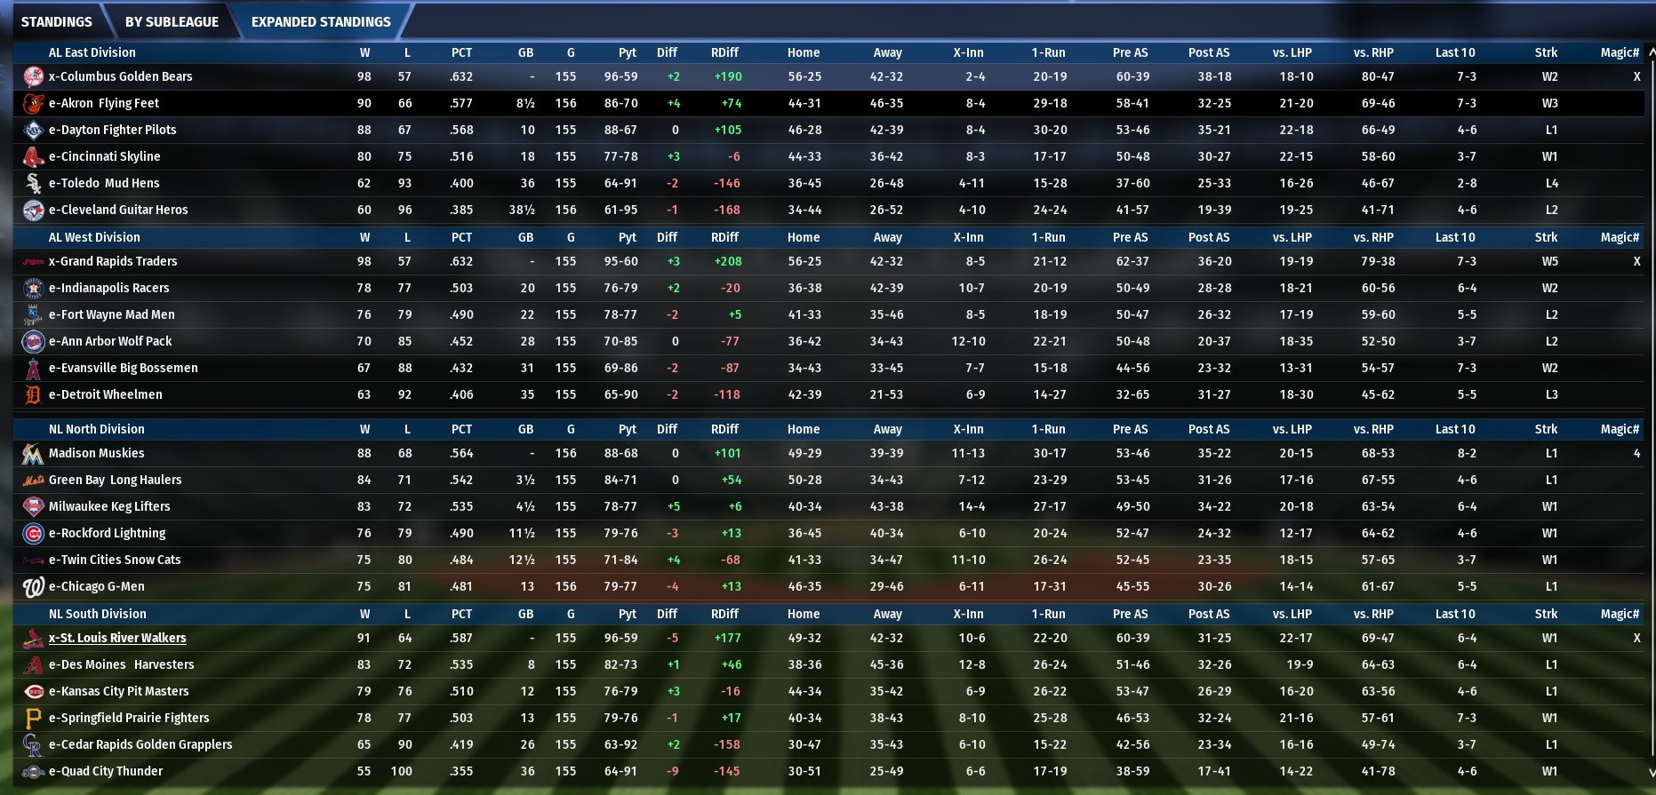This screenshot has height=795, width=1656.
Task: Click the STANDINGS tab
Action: pos(56,21)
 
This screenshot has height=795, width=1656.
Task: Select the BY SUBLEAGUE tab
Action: pos(172,21)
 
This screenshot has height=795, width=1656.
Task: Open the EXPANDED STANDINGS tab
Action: pos(321,21)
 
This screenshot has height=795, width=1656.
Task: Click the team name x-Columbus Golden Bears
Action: pos(120,76)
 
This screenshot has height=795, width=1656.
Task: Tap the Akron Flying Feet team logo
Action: pos(33,103)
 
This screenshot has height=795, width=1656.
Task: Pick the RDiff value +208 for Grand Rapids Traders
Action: pos(727,261)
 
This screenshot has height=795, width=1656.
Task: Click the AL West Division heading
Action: pos(94,237)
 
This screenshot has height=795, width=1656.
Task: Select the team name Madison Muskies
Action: pos(96,453)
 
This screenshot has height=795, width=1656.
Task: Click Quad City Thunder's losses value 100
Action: pos(401,771)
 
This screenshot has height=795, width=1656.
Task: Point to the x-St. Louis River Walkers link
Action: pos(117,638)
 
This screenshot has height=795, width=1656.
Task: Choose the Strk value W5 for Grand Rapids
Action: pos(1549,261)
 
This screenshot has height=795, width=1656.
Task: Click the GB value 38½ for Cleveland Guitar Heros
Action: pos(521,210)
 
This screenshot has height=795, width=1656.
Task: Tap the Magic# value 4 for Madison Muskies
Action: pos(1636,453)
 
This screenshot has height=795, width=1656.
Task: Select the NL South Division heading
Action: pos(98,614)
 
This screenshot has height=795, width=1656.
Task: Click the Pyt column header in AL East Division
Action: pos(628,52)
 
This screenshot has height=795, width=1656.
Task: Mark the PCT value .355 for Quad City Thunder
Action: pos(460,771)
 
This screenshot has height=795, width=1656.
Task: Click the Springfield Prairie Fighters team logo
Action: pos(33,718)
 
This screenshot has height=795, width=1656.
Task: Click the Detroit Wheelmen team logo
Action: pos(33,394)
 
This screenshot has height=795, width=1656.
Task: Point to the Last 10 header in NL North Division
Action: pos(1454,429)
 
